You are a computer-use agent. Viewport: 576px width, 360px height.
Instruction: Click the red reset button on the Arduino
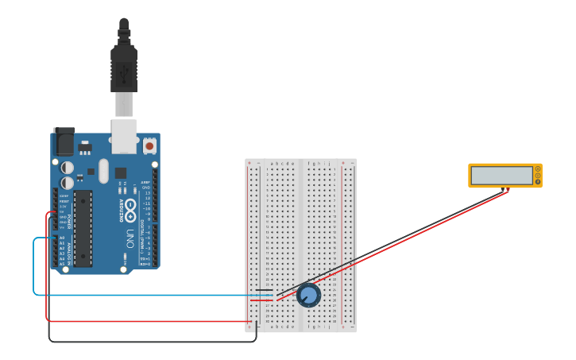(149, 145)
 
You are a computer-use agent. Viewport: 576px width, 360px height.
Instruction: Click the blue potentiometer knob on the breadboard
(308, 296)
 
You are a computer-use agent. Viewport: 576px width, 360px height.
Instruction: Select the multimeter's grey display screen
(501, 175)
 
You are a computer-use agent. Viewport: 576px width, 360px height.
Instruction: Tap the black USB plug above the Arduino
(124, 68)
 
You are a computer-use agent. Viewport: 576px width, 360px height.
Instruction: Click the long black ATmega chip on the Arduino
(83, 228)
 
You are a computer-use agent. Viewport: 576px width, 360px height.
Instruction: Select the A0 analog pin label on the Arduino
(62, 238)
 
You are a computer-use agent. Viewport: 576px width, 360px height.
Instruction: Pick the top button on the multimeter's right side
(538, 168)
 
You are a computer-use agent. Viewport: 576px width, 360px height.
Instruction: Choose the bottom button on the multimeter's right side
(538, 183)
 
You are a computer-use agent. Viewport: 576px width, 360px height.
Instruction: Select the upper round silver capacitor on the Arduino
(68, 168)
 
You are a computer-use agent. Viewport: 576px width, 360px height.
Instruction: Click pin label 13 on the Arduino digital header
(147, 193)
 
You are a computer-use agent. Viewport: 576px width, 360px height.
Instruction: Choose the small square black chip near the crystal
(120, 172)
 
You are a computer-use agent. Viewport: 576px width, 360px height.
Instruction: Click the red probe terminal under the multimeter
(508, 190)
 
